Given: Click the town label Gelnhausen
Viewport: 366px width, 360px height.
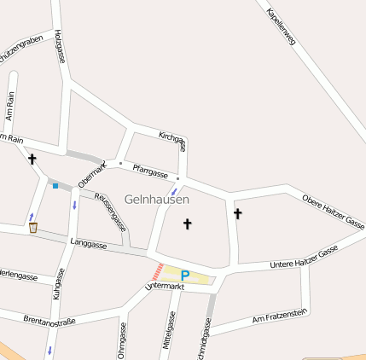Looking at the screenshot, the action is (x=157, y=199).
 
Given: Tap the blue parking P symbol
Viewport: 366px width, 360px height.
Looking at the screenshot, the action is (x=185, y=276).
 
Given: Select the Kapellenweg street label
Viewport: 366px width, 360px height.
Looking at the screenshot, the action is (x=281, y=26).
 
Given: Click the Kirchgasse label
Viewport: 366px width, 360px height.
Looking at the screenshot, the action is (x=173, y=140).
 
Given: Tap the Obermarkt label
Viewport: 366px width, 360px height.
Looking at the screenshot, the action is (x=90, y=174).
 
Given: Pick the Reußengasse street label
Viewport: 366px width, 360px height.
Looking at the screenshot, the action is (x=111, y=212).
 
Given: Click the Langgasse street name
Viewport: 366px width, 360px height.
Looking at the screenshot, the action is (x=89, y=245).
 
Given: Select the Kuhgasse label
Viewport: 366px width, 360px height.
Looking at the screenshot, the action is (x=58, y=284).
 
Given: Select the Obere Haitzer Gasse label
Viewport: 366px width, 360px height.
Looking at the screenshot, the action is (x=334, y=211).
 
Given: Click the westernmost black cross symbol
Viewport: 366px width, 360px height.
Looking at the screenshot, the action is (x=32, y=159).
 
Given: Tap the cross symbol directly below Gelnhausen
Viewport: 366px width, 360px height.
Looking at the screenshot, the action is (x=188, y=224).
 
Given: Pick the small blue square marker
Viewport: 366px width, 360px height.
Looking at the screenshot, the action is (x=55, y=185).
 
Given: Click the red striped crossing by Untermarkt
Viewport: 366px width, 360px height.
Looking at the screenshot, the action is (x=157, y=271).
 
